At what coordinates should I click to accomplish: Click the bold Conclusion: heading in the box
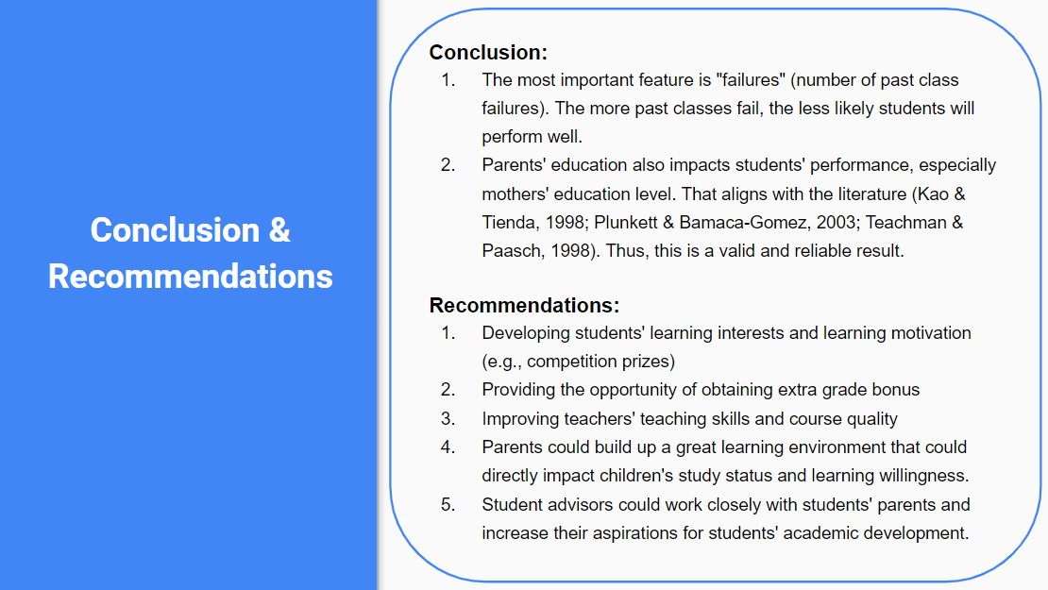coord(488,53)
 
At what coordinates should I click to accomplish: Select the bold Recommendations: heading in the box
coord(524,306)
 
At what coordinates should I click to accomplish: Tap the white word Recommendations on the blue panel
coord(191,276)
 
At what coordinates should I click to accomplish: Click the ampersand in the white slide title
coord(279,230)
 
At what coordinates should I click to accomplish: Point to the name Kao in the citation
coord(928,194)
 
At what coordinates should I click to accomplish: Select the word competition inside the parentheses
coord(569,362)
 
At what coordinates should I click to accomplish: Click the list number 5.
coord(448,504)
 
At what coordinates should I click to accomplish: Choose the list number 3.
coord(448,418)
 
